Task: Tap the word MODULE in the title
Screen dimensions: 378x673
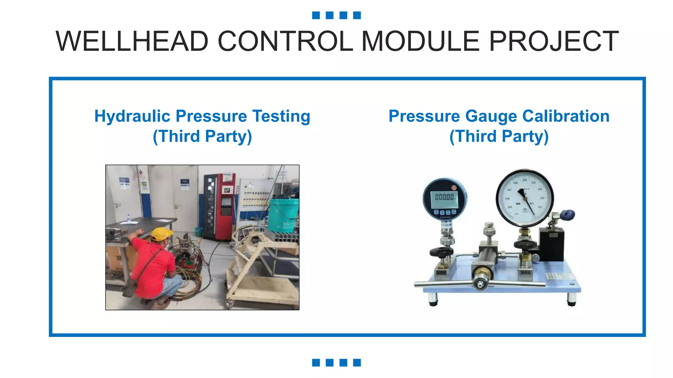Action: (x=421, y=41)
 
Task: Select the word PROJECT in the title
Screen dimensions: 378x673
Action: (x=554, y=41)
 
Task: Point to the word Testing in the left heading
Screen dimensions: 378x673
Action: (x=281, y=116)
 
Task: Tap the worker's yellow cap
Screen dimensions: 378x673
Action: (x=161, y=233)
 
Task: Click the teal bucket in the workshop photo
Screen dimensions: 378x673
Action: (x=284, y=215)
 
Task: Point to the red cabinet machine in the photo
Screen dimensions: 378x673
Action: (x=218, y=207)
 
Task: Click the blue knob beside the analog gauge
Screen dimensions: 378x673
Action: (x=568, y=215)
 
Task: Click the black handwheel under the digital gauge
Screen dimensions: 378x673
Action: (x=441, y=252)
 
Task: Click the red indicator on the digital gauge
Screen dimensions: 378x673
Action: (x=454, y=188)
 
